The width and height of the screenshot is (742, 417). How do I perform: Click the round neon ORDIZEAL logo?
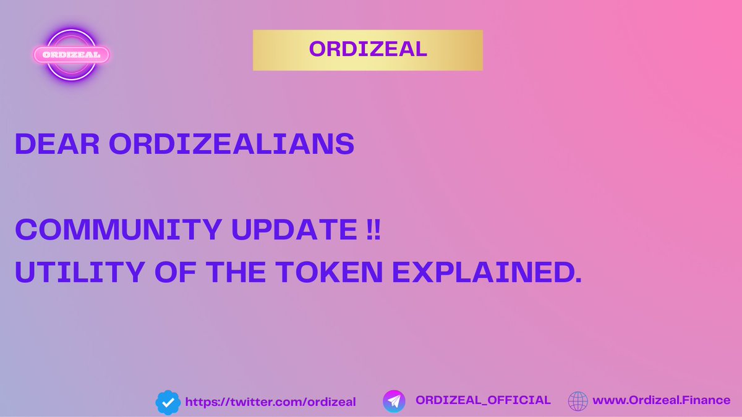click(71, 54)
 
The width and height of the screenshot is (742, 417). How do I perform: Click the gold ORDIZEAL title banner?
click(367, 49)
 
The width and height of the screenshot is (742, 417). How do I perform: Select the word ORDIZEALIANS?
click(231, 144)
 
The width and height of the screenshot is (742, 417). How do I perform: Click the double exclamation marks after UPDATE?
click(373, 230)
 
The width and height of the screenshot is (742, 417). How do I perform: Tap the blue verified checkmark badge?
click(167, 402)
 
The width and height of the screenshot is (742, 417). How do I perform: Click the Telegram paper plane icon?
click(394, 401)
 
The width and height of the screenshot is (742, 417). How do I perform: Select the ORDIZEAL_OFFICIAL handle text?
click(483, 400)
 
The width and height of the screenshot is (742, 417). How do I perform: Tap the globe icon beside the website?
click(579, 401)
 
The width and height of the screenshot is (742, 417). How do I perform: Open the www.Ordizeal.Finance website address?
click(661, 400)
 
